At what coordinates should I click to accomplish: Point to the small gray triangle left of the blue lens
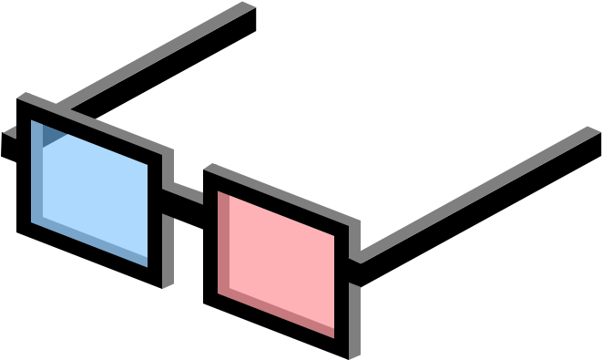11,132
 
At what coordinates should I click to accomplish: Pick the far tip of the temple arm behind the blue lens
248,6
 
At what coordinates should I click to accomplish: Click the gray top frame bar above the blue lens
91,123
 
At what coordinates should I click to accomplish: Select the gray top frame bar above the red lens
282,196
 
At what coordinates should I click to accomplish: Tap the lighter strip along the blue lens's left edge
36,173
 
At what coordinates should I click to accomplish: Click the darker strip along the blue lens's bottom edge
91,242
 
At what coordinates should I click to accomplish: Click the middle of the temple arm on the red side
478,192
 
